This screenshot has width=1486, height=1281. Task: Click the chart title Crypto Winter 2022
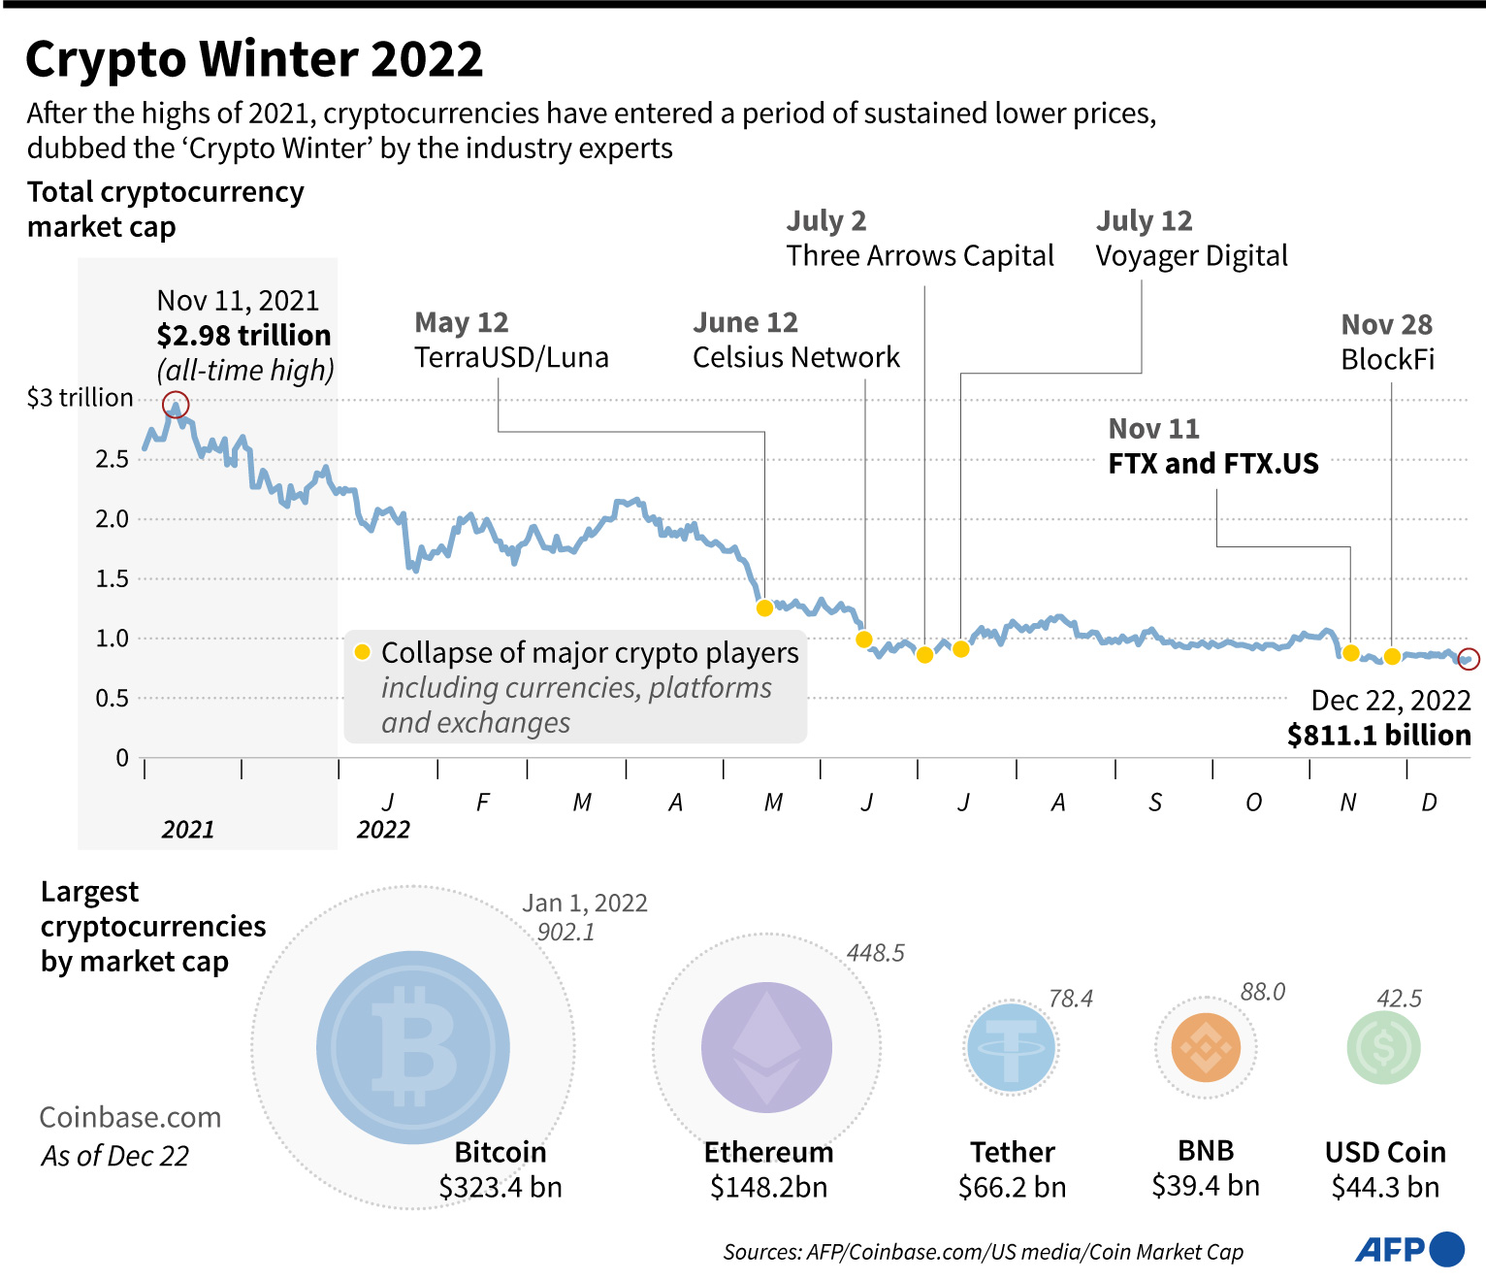coord(254,60)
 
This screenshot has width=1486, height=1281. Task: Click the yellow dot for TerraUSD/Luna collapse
coord(764,608)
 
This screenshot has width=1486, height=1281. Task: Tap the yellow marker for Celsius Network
coord(864,640)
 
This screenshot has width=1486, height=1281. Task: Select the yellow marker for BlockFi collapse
coord(1392,656)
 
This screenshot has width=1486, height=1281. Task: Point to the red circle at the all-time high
coord(176,405)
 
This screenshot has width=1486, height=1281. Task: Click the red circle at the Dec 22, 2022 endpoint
coord(1469,659)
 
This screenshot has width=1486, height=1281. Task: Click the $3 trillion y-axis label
coord(80,398)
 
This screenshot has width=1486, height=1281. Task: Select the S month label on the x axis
coord(1154,803)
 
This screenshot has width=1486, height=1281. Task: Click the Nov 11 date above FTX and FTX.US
coord(1153,429)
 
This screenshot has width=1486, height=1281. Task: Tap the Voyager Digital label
coord(1191,256)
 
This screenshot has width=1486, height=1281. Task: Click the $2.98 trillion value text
coord(243,336)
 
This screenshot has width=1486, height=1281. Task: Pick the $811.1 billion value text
coord(1378,736)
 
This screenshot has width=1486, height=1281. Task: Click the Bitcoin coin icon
coord(413,1047)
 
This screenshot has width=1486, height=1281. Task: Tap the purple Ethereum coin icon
coord(766,1047)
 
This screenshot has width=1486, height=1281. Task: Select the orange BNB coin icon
coord(1206,1048)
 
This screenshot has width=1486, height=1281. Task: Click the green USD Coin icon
coord(1384,1048)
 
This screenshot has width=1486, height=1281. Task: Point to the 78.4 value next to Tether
coord(1070,999)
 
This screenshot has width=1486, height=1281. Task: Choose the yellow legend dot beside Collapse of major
coord(363,652)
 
